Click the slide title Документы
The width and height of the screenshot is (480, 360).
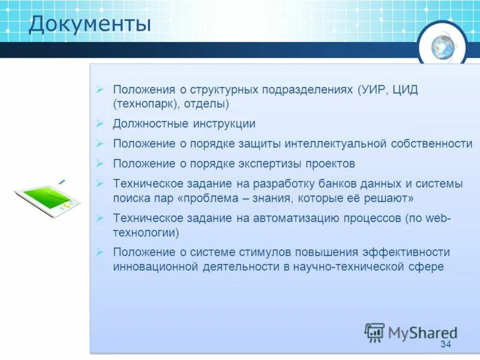90,25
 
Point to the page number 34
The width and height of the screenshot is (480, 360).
445,344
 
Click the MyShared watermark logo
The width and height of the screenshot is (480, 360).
412,332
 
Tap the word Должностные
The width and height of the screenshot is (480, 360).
150,124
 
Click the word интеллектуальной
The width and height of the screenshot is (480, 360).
336,144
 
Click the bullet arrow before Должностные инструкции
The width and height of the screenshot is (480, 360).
100,124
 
